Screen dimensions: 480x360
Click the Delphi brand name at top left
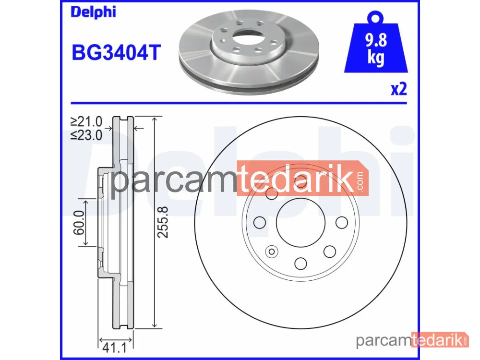[x=94, y=12]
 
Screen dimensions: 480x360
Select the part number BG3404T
[x=116, y=52]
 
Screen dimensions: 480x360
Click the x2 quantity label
[x=399, y=89]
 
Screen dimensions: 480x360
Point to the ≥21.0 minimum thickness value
[x=86, y=121]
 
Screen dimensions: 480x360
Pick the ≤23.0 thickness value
[x=86, y=135]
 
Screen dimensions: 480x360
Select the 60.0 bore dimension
[x=79, y=223]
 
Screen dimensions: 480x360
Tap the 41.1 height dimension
[x=115, y=348]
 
